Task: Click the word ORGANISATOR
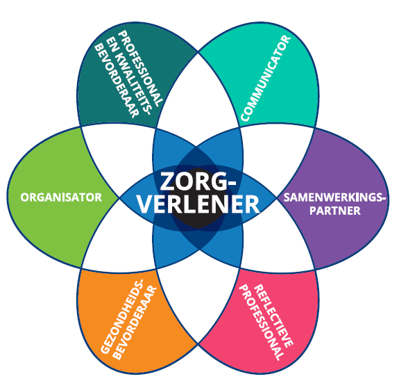tap(61, 197)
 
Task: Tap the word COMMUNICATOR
tap(265, 78)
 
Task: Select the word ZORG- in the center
tap(198, 181)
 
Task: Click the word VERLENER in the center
tap(198, 204)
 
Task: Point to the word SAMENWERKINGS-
tap(334, 197)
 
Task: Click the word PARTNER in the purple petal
tap(335, 211)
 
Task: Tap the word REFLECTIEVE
tap(273, 316)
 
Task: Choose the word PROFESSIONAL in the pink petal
tap(262, 323)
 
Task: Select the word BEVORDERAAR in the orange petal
tap(135, 323)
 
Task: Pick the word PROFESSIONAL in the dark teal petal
tap(140, 68)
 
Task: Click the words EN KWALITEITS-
tap(129, 75)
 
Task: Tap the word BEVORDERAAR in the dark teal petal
tap(117, 81)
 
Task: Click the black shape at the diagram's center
tap(198, 198)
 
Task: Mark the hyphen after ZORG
tap(231, 183)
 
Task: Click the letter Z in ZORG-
tap(168, 181)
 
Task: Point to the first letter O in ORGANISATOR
tap(25, 197)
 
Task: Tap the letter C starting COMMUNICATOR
tap(245, 117)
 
